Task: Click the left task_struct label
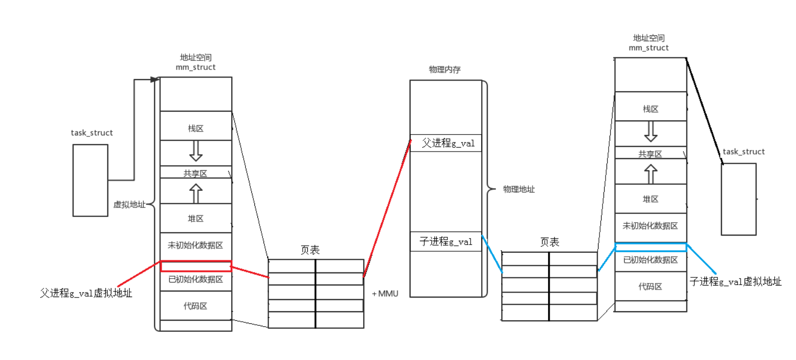point(92,133)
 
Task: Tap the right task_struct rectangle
point(739,199)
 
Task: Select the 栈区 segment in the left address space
point(196,128)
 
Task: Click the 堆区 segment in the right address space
point(650,199)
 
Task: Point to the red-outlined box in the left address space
point(196,266)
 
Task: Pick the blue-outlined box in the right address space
point(650,247)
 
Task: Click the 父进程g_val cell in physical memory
point(446,143)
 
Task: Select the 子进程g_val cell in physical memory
point(446,242)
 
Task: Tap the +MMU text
point(385,294)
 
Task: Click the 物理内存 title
point(444,69)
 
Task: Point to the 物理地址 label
point(519,189)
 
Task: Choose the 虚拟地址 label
point(129,204)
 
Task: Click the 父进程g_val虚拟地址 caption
point(86,293)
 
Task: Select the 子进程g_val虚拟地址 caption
point(736,281)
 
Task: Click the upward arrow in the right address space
point(650,174)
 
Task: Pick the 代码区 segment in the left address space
point(196,306)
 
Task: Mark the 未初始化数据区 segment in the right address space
point(650,226)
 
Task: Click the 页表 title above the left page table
point(310,250)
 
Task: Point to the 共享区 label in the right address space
point(650,154)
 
